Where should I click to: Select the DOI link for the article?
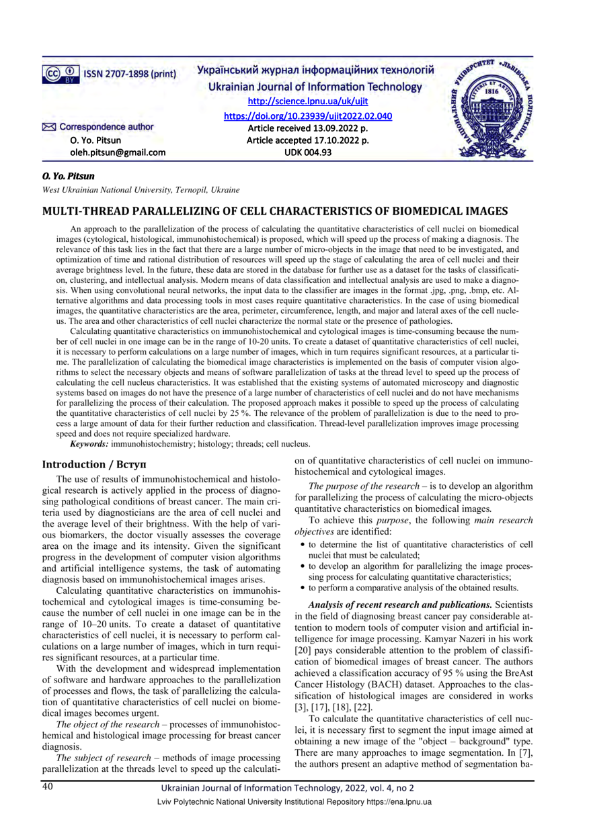click(307, 116)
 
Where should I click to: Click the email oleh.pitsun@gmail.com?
click(118, 152)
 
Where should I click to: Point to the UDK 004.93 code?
click(307, 152)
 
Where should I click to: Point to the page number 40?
click(49, 786)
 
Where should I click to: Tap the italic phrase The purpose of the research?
click(364, 486)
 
